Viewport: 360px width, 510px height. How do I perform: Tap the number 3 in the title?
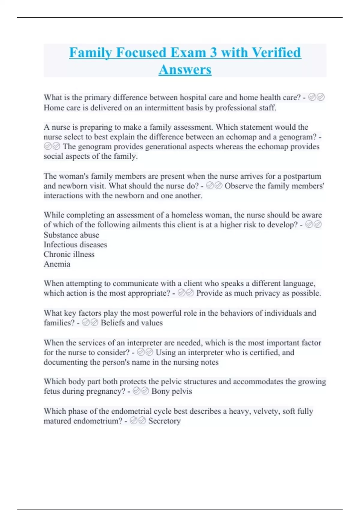[213, 52]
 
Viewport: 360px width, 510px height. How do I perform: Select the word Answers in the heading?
[185, 70]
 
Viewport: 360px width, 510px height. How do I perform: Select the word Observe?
[239, 186]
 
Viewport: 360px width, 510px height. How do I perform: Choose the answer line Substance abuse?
[71, 235]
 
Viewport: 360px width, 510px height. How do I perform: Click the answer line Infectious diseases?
[75, 244]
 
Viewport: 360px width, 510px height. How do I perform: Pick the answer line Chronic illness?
[69, 254]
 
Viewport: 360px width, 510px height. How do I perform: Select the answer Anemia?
[57, 264]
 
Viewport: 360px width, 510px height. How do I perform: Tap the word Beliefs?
[112, 323]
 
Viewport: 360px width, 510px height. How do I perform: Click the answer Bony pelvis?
[172, 391]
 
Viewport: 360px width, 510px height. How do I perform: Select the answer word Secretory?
[164, 421]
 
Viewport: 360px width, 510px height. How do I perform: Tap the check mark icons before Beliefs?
[90, 323]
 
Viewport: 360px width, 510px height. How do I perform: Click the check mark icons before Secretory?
[138, 421]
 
